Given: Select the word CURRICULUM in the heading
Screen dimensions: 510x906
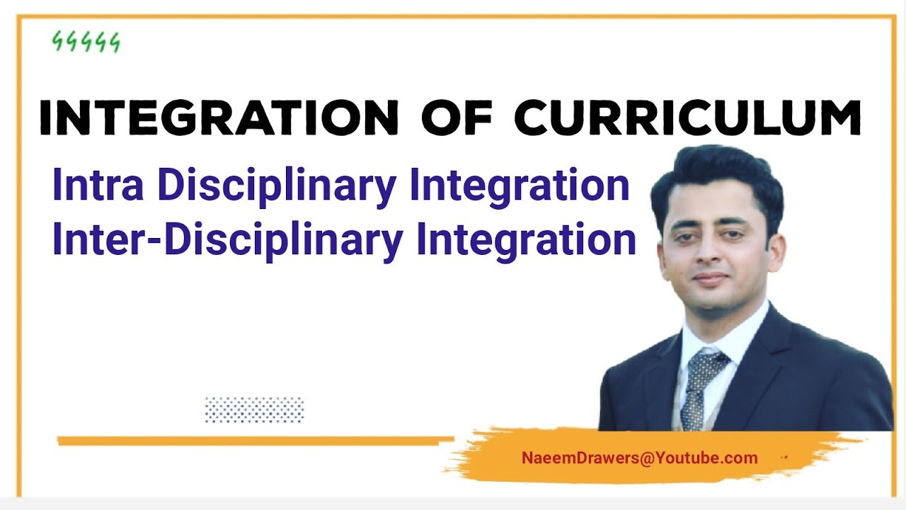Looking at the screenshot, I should [687, 118].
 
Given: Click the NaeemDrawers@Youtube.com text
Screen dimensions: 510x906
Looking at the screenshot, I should [639, 458].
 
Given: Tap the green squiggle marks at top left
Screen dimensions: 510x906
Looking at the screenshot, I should [86, 42].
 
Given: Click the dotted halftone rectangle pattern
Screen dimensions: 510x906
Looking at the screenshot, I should [254, 409].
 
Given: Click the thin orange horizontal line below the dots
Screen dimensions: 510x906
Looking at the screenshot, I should [255, 441].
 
